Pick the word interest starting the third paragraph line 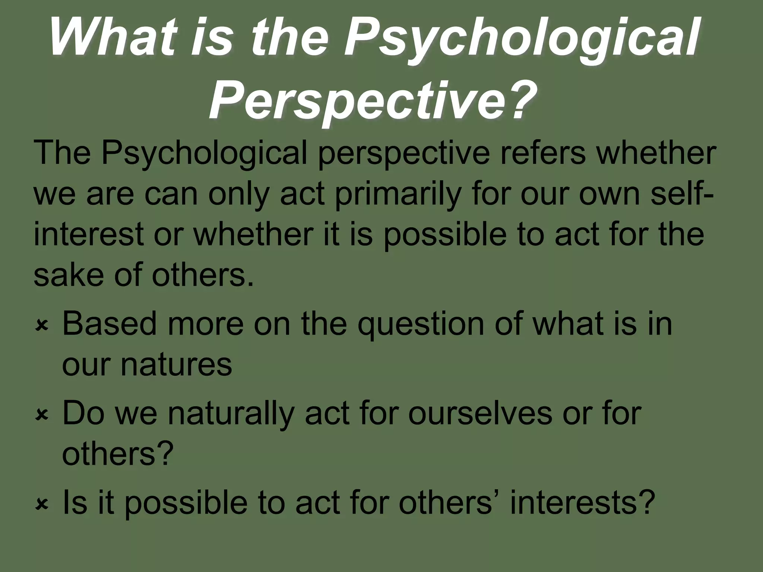tap(89, 235)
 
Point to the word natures tap(176, 365)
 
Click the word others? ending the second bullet tap(118, 454)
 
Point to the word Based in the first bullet tap(109, 324)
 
